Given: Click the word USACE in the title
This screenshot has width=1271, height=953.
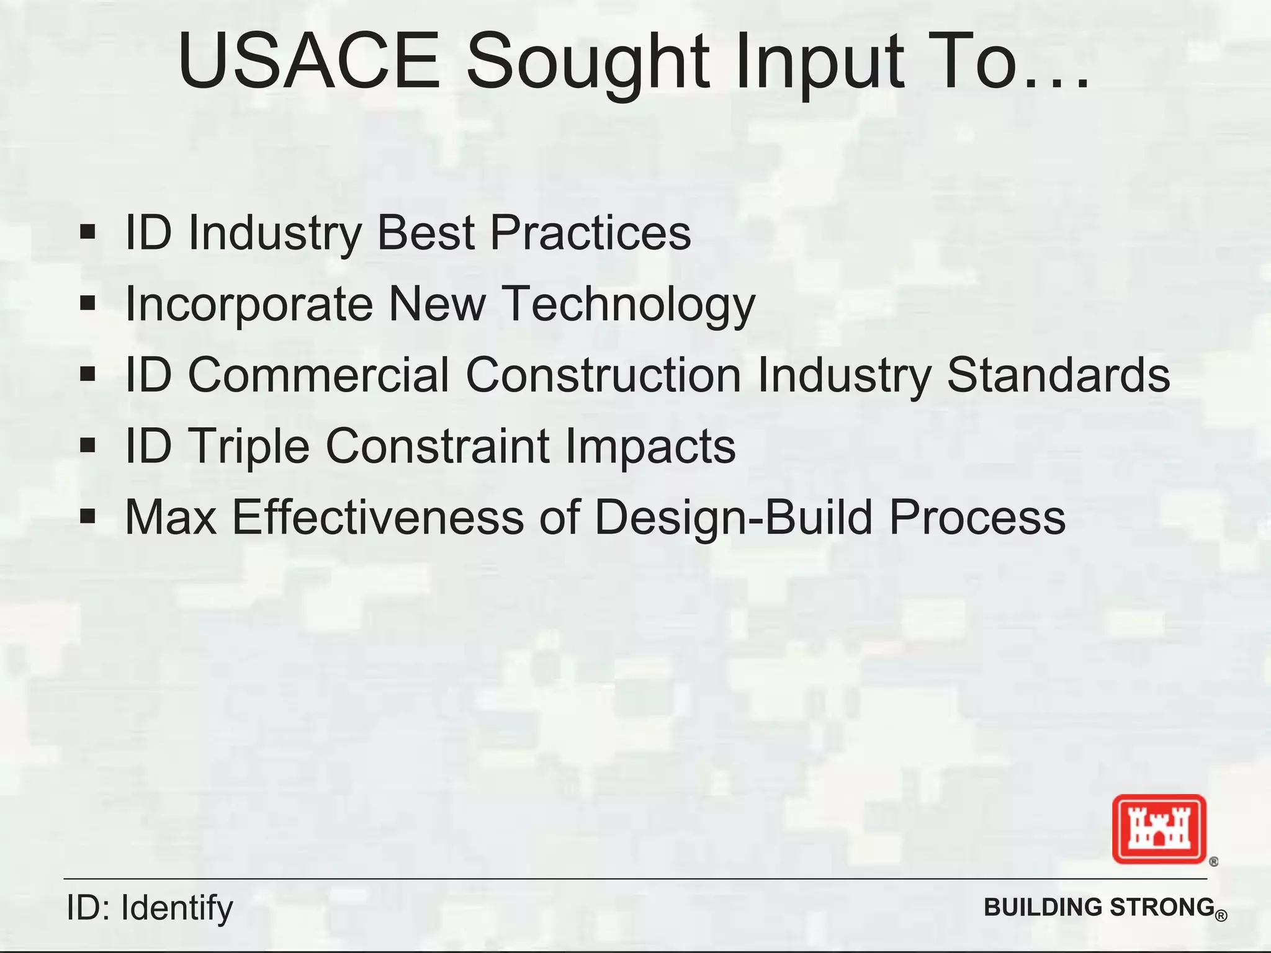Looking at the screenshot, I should click(x=308, y=62).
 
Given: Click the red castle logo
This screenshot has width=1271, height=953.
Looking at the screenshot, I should click(x=1159, y=829).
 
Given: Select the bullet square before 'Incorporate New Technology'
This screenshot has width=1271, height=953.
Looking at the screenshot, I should click(x=88, y=303).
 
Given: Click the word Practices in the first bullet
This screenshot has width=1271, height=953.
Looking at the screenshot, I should click(x=590, y=233).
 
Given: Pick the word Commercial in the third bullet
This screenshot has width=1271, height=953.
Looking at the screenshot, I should click(x=318, y=375).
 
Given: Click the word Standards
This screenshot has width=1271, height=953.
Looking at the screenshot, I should click(x=1058, y=375).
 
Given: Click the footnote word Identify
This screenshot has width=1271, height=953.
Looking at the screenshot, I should click(x=177, y=908).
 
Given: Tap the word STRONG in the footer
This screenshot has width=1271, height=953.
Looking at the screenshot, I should click(x=1162, y=907).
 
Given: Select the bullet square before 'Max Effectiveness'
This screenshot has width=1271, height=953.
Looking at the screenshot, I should click(x=88, y=516).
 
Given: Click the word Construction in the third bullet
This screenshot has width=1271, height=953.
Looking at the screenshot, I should click(x=603, y=375).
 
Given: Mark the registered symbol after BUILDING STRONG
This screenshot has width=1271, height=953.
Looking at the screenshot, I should click(x=1221, y=916).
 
